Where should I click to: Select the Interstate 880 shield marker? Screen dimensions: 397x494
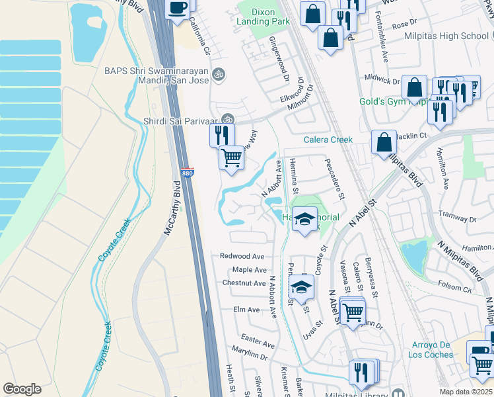pyautogui.click(x=188, y=173)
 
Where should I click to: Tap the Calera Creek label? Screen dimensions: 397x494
pyautogui.click(x=328, y=140)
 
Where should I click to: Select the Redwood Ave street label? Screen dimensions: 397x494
pyautogui.click(x=242, y=256)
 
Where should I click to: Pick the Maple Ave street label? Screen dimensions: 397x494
pyautogui.click(x=249, y=270)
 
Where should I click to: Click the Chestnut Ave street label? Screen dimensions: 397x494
pyautogui.click(x=244, y=283)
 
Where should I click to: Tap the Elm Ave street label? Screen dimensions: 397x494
pyautogui.click(x=246, y=310)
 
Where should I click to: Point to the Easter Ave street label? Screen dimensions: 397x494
pyautogui.click(x=258, y=344)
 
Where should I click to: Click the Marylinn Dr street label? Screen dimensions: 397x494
pyautogui.click(x=250, y=355)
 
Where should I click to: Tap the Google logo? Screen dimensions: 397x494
pyautogui.click(x=22, y=389)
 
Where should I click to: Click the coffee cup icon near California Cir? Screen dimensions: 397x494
pyautogui.click(x=177, y=9)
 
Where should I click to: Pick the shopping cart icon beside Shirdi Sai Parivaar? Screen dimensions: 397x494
pyautogui.click(x=231, y=159)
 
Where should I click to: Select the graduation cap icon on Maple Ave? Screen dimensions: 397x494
pyautogui.click(x=300, y=288)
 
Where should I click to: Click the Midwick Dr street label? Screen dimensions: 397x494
pyautogui.click(x=382, y=80)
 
